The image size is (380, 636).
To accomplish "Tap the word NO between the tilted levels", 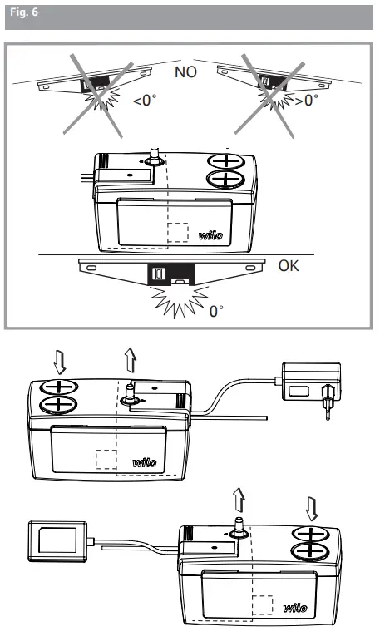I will (186, 73).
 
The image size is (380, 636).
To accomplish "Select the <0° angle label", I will (146, 103).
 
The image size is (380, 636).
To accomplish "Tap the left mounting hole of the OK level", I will (91, 269).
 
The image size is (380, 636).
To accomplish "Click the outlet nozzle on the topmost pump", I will (155, 158).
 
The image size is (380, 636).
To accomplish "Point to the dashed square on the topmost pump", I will (178, 234).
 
